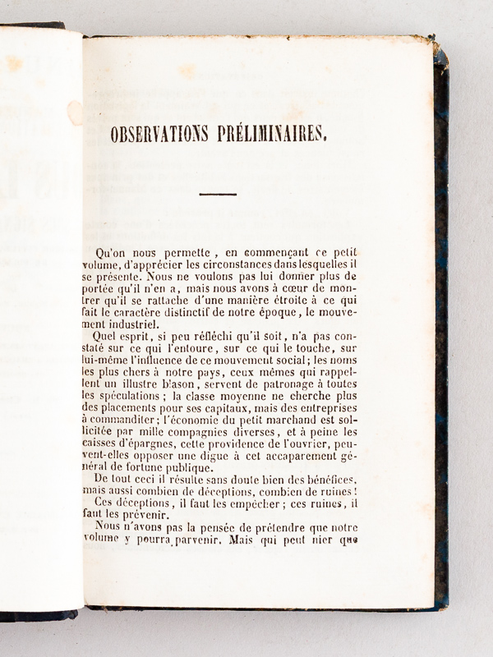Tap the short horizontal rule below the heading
[218, 195]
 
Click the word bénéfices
[329, 479]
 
